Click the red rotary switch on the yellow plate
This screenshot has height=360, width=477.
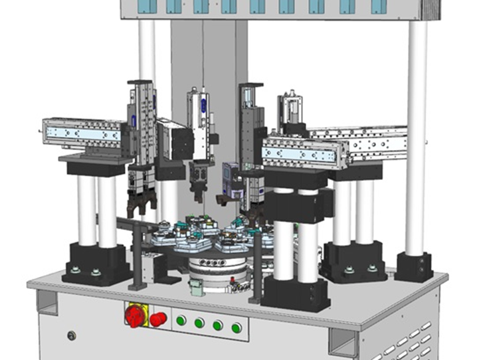[x=135, y=315]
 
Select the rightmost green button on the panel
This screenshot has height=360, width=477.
[x=236, y=327]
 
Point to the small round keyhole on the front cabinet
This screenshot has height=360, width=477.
[x=71, y=335]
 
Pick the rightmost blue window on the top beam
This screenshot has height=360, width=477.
[x=379, y=6]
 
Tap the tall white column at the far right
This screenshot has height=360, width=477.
[x=417, y=133]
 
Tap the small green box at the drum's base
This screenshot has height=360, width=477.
[x=195, y=286]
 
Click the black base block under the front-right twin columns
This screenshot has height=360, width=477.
[x=296, y=293]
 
